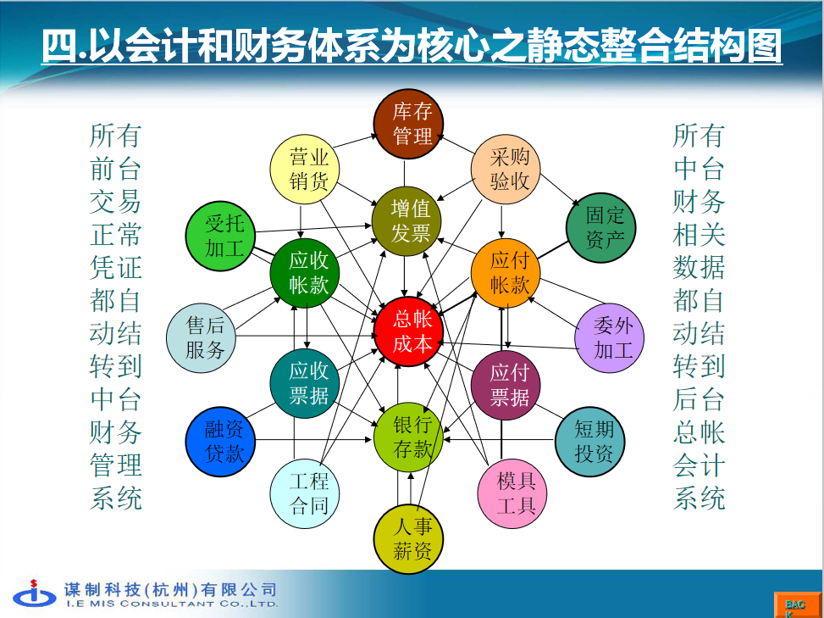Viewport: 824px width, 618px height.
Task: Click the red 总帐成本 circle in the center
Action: tap(408, 331)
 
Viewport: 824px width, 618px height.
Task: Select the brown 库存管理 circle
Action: tap(408, 124)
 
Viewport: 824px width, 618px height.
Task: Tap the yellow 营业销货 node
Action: tap(305, 170)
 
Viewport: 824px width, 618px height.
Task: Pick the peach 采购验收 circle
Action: tap(506, 170)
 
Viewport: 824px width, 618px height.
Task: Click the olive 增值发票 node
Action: tap(406, 221)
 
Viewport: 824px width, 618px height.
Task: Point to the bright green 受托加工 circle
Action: tap(220, 237)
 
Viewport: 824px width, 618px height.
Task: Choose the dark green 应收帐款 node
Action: tap(305, 273)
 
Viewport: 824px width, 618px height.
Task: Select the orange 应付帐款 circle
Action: tap(506, 273)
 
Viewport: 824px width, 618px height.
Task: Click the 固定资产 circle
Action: tap(600, 228)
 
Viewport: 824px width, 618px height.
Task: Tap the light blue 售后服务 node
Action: tap(201, 337)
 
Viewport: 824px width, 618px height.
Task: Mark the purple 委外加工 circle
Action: tap(609, 337)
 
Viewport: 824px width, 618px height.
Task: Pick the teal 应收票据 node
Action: tap(305, 383)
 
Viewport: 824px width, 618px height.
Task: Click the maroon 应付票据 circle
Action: tap(506, 385)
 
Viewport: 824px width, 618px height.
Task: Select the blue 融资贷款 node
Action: tap(220, 442)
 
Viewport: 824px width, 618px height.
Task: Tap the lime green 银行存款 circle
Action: tap(408, 437)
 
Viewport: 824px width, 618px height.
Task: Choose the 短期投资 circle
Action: tap(590, 442)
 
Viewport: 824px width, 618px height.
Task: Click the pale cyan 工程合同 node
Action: tap(305, 493)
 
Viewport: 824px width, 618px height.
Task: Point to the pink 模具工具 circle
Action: tap(512, 493)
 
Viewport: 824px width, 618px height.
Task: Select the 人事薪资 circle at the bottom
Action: tap(408, 538)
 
